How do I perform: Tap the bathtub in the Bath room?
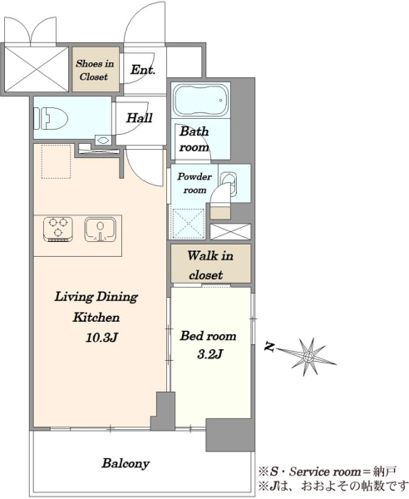pos(201,100)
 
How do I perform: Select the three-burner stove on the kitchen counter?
pos(58,230)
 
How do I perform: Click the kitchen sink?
pos(100,230)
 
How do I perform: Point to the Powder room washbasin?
pos(229,184)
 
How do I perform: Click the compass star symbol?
pos(308,357)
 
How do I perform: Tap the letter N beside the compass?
pos(269,347)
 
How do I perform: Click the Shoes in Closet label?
pos(95,70)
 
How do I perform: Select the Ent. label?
pos(143,70)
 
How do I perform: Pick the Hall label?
pos(140,118)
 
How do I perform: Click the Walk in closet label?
pos(210,264)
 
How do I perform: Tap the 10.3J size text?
pos(101,338)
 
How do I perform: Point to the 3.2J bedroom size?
pos(209,354)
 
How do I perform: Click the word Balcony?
pos(126,463)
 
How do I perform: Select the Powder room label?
pos(195,183)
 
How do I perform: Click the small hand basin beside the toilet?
pos(103,140)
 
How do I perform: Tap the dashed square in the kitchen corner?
pos(57,161)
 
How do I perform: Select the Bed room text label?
pos(208,336)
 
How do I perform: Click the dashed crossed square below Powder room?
pos(188,224)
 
